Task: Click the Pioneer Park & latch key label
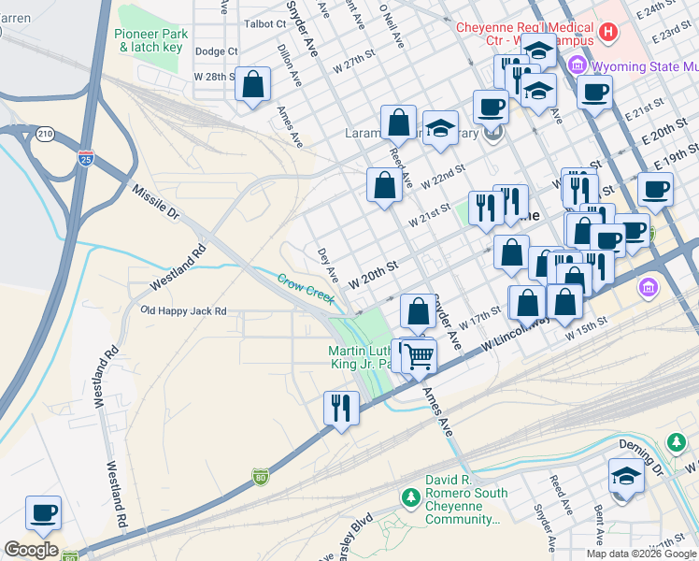[x=152, y=39]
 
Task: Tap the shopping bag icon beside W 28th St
[x=253, y=86]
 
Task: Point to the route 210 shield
[x=44, y=135]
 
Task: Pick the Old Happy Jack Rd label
[x=183, y=310]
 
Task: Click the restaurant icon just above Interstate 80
[x=340, y=408]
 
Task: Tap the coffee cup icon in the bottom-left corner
[x=44, y=512]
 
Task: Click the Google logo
[x=31, y=550]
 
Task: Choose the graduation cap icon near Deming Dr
[x=625, y=476]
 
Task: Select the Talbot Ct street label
[x=264, y=23]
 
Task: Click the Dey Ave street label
[x=328, y=266]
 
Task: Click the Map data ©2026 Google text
[x=640, y=554]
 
